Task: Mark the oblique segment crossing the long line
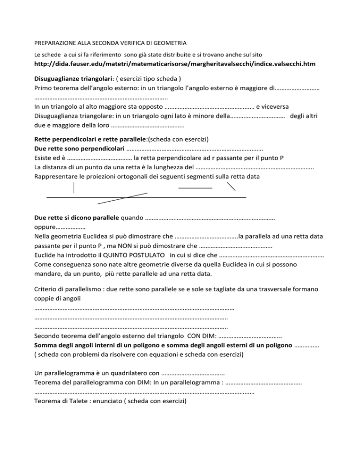coord(122,199)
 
